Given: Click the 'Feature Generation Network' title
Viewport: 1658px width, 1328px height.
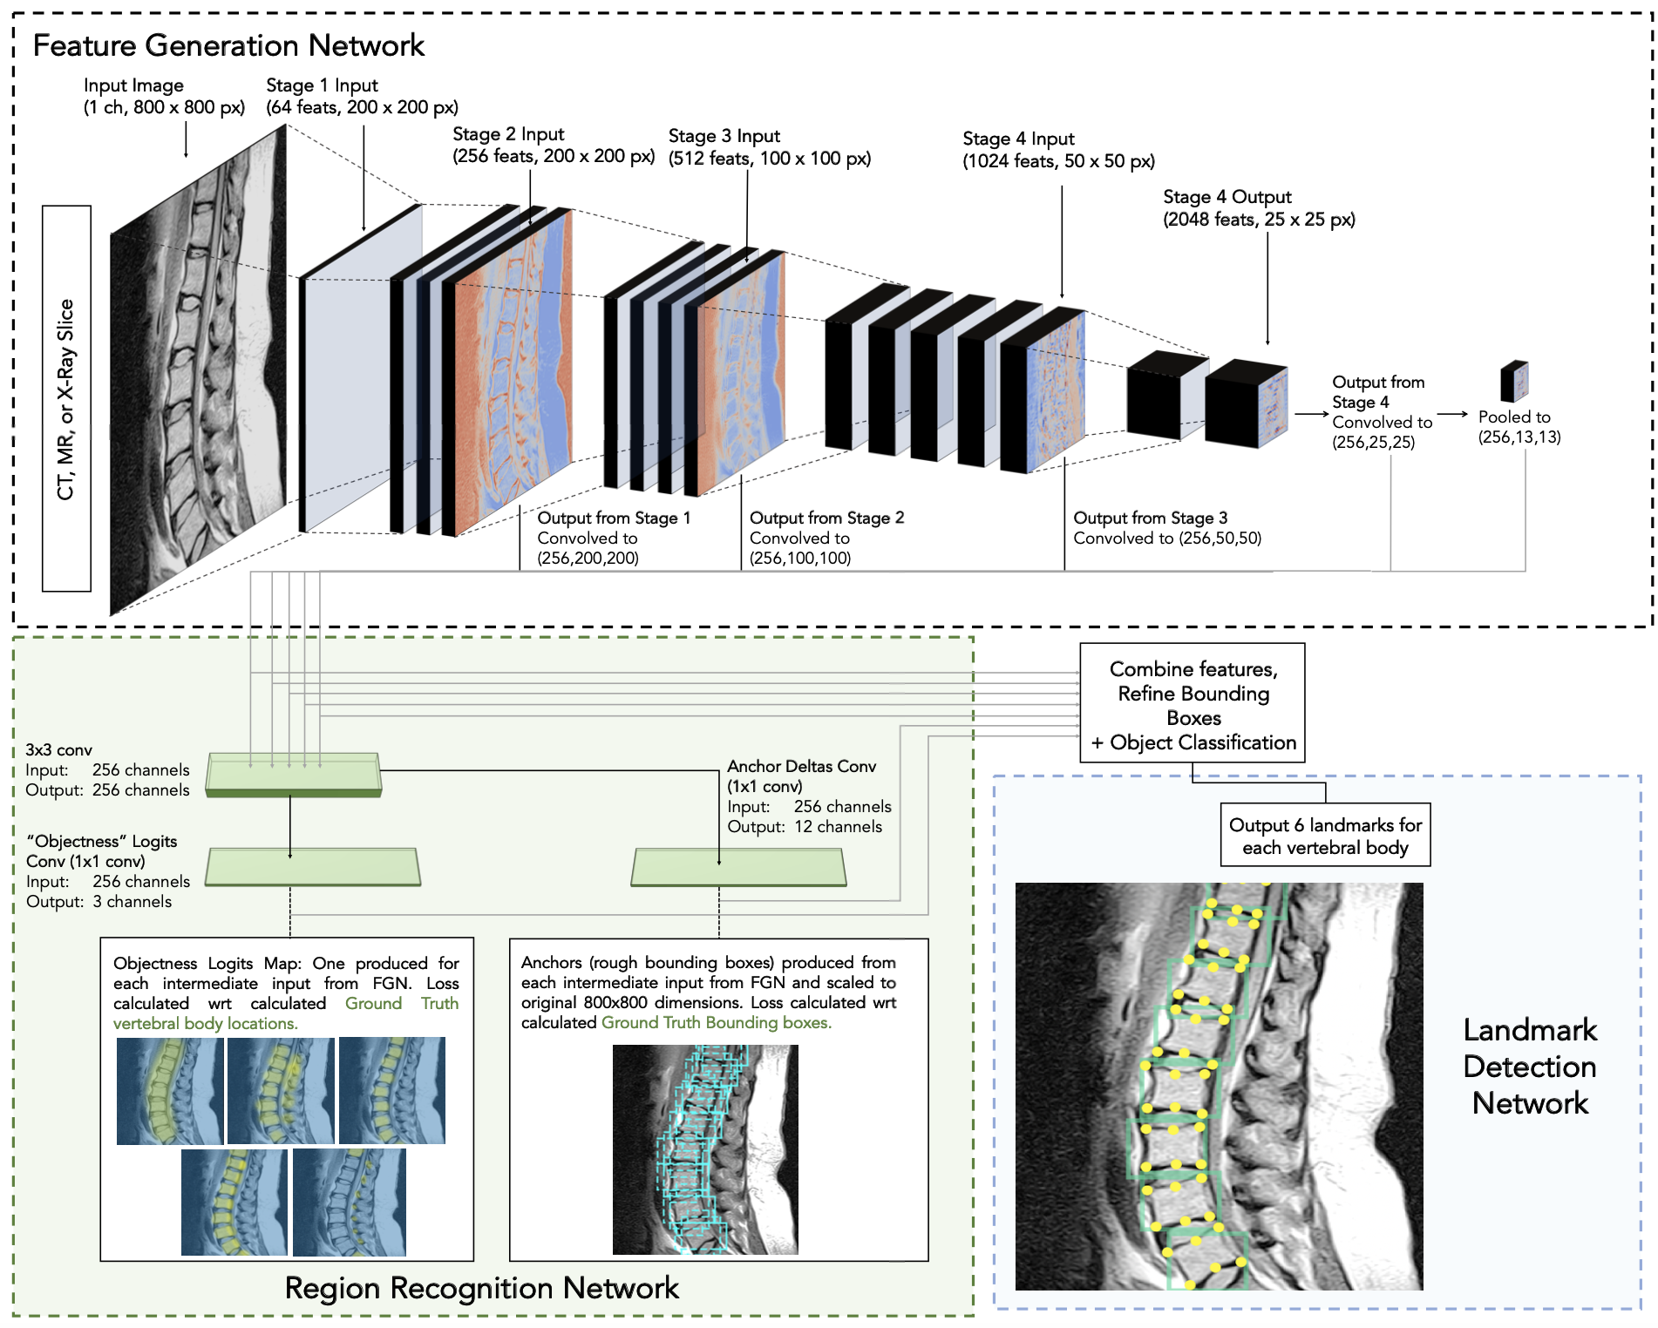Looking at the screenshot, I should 228,45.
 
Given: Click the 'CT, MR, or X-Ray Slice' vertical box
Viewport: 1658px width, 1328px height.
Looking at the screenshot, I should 66,399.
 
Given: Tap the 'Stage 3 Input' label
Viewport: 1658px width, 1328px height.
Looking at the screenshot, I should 724,136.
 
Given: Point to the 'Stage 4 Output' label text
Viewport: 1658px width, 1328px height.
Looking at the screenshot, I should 1227,197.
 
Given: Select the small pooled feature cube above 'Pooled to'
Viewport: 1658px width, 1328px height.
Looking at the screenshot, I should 1514,381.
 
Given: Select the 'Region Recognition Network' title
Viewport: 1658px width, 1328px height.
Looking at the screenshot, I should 481,1288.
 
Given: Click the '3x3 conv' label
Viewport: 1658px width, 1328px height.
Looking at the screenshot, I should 58,750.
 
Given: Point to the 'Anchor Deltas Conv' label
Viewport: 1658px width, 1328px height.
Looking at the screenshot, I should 801,767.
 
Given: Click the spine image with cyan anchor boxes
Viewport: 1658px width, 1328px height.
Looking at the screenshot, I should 704,1149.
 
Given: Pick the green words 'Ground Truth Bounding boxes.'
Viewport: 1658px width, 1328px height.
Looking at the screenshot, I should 716,1023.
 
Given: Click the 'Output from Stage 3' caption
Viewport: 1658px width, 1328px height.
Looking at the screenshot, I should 1150,518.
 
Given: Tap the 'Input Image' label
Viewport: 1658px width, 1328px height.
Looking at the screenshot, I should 133,85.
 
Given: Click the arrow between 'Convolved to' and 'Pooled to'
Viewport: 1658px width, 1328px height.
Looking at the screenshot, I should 1452,415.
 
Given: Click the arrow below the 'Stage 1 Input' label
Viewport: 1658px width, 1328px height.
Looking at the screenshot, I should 364,179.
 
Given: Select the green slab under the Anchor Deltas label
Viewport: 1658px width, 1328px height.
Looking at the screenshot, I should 738,868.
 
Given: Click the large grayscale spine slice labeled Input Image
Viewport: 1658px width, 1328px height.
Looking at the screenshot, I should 198,370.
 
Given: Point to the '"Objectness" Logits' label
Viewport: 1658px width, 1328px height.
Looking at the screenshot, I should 102,842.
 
